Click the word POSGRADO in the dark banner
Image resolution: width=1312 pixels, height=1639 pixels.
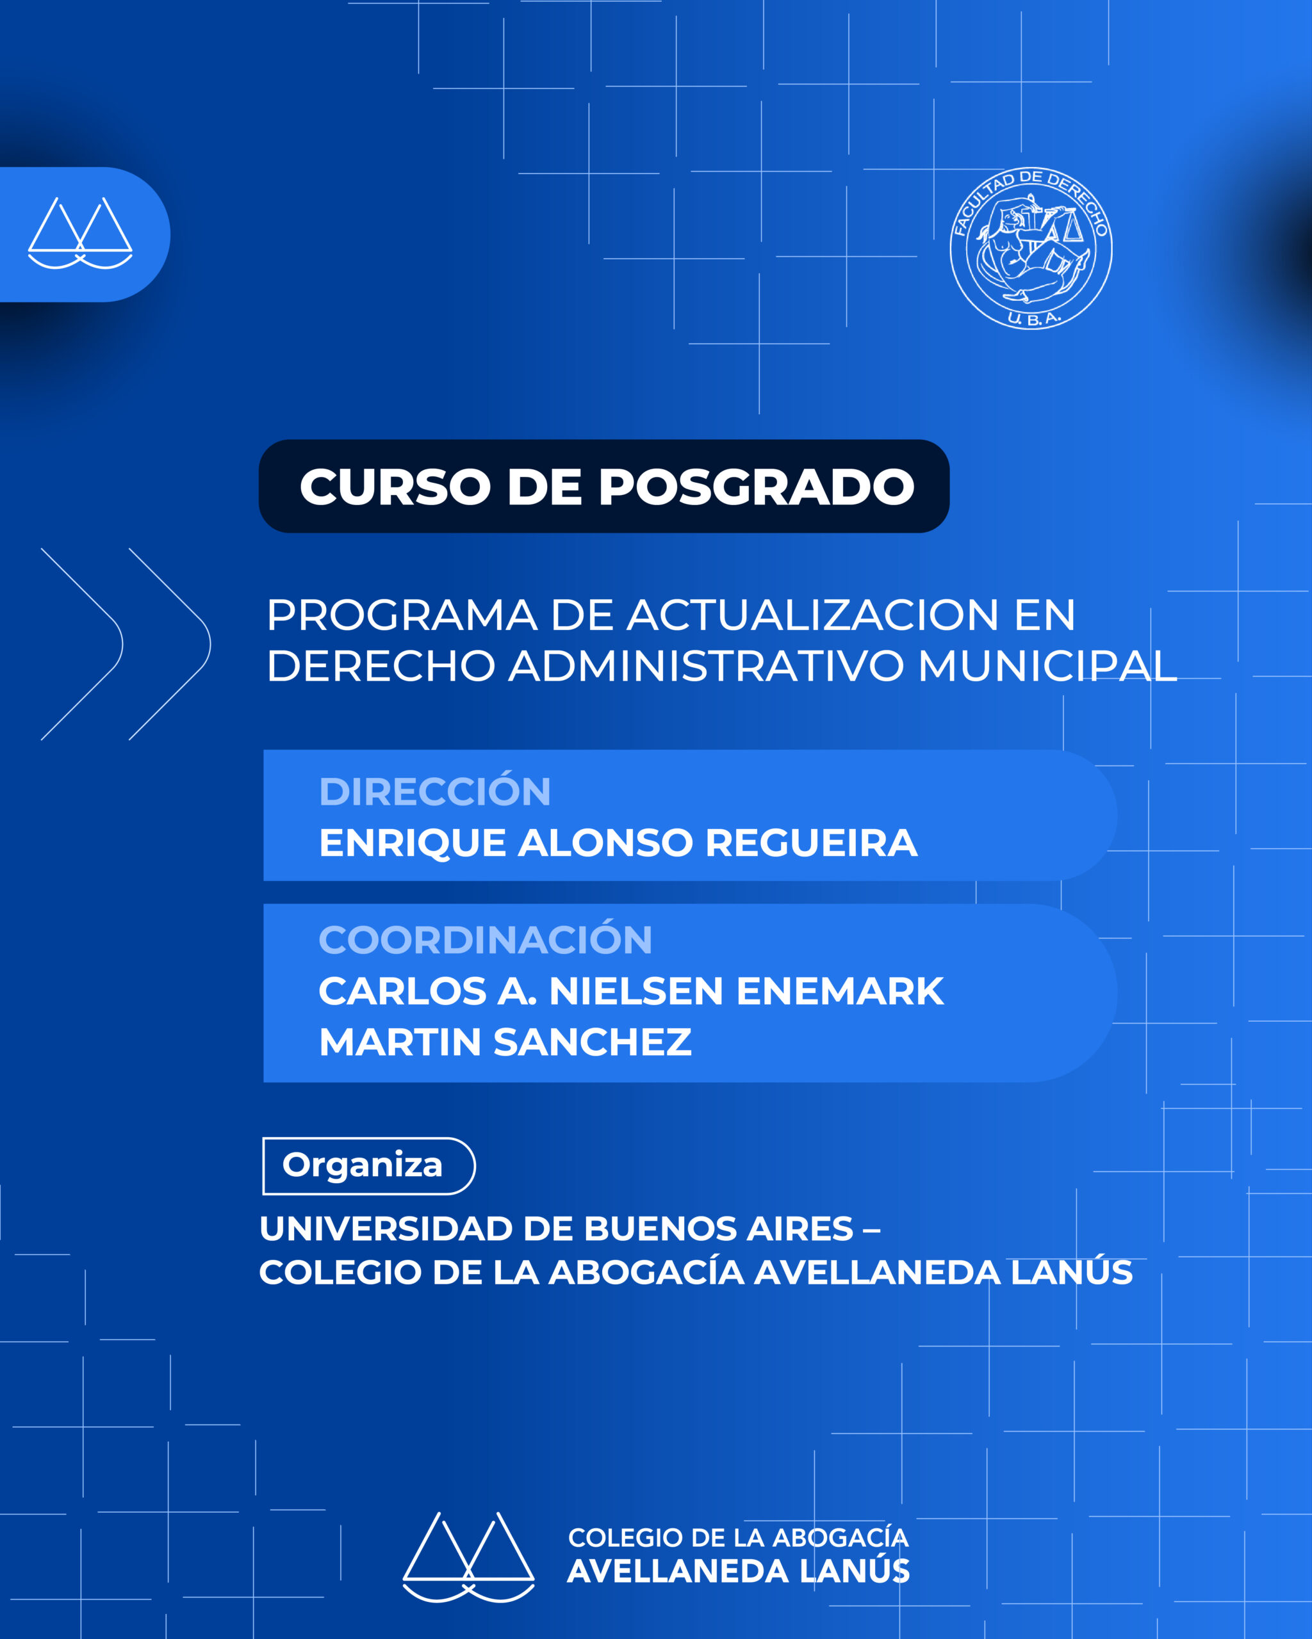pyautogui.click(x=757, y=487)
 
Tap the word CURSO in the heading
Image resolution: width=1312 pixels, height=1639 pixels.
pyautogui.click(x=395, y=487)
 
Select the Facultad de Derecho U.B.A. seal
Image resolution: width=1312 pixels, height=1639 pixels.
pyautogui.click(x=1031, y=248)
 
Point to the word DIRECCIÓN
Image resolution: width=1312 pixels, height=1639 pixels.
pyautogui.click(x=435, y=791)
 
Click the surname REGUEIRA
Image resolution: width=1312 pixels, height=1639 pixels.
pyautogui.click(x=812, y=843)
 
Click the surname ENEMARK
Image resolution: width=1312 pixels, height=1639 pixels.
pyautogui.click(x=840, y=991)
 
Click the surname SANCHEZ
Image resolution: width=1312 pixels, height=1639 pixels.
pyautogui.click(x=593, y=1042)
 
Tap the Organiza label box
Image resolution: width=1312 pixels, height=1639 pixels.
pyautogui.click(x=369, y=1165)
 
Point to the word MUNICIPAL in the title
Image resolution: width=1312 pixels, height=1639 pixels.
pyautogui.click(x=1047, y=666)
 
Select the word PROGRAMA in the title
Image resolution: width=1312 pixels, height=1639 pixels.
pyautogui.click(x=402, y=615)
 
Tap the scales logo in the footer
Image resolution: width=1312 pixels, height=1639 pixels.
pyautogui.click(x=468, y=1557)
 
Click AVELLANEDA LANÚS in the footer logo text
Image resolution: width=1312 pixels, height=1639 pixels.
pyautogui.click(x=739, y=1571)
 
